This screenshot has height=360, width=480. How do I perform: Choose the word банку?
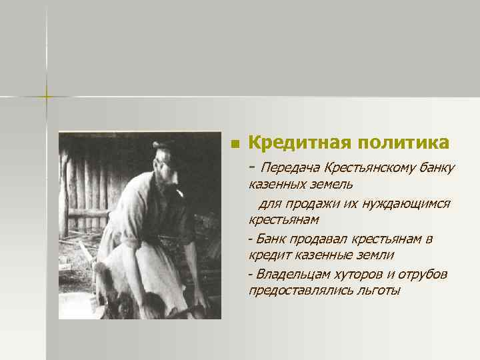435,166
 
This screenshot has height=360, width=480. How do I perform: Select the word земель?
331,183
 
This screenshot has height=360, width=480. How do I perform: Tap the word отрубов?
419,274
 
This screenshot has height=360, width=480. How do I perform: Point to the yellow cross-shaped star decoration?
47,95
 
